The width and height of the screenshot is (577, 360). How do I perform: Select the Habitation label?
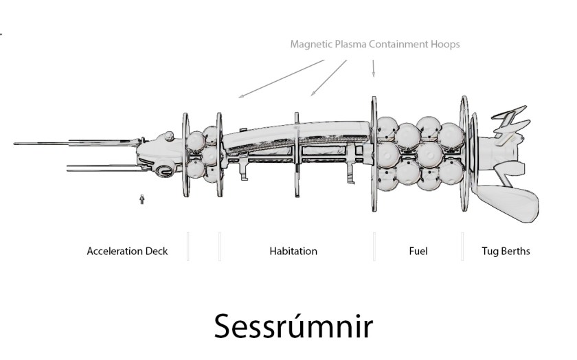(x=293, y=251)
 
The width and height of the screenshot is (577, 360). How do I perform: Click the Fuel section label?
(x=418, y=251)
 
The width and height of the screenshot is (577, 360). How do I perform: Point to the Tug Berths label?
(x=506, y=251)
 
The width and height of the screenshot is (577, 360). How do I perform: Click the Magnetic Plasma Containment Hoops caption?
(x=374, y=44)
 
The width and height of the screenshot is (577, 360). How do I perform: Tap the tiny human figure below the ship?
(x=142, y=200)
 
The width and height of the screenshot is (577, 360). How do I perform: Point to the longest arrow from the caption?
(x=282, y=79)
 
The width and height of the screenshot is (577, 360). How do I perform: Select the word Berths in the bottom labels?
(x=515, y=251)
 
